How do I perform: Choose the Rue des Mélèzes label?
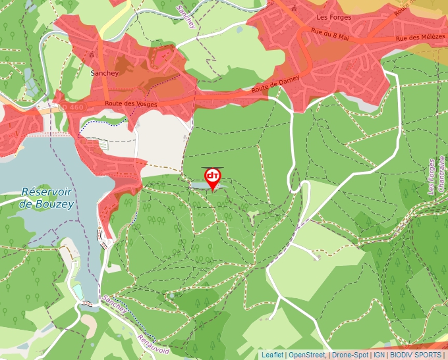(418, 39)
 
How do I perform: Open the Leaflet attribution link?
(272, 355)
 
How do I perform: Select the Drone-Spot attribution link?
(350, 355)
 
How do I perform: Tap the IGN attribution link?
(379, 355)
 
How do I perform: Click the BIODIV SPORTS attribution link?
(416, 355)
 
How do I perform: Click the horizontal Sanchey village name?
(105, 73)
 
